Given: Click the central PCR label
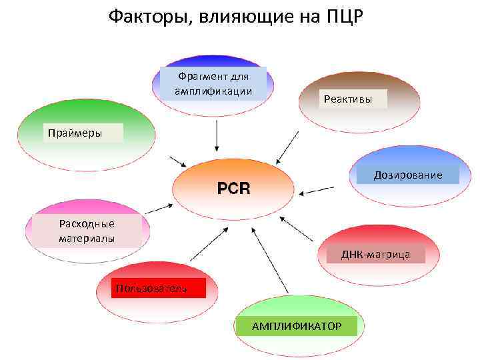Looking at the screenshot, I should pyautogui.click(x=233, y=189).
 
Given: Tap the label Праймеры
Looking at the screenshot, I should pyautogui.click(x=75, y=133).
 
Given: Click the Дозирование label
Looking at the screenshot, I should pyautogui.click(x=408, y=175).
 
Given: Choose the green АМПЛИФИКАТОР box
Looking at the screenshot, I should pyautogui.click(x=296, y=326).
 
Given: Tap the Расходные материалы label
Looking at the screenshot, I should pyautogui.click(x=87, y=231).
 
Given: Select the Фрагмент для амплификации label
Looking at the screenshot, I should pyautogui.click(x=213, y=83).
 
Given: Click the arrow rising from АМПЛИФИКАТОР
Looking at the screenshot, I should pyautogui.click(x=269, y=260).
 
